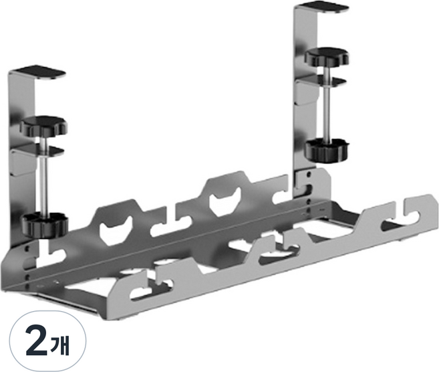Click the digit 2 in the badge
[x=36, y=341]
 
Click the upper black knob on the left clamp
[x=43, y=125]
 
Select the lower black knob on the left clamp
[x=45, y=224]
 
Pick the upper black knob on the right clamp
[x=327, y=56]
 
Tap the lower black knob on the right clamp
[x=327, y=150]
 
